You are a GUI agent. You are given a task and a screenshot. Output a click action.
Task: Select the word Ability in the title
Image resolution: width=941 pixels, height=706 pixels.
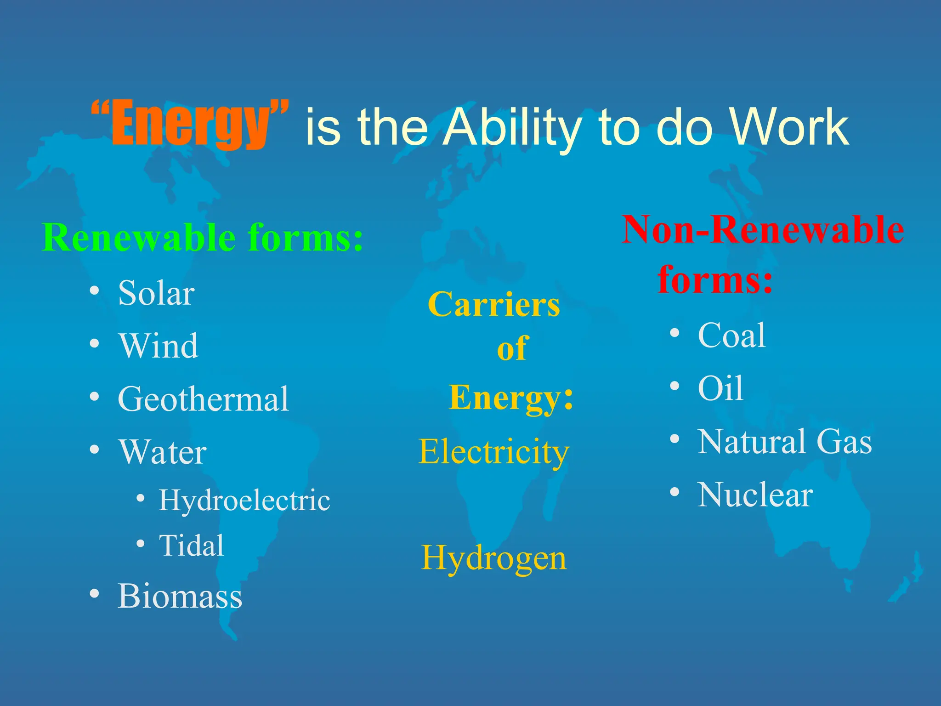(x=512, y=127)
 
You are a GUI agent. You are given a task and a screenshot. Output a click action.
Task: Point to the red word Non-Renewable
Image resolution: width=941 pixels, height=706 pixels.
(x=763, y=229)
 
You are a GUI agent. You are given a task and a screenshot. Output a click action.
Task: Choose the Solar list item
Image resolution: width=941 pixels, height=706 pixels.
(x=156, y=293)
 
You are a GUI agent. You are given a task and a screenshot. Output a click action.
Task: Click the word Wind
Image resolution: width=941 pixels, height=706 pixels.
(x=159, y=346)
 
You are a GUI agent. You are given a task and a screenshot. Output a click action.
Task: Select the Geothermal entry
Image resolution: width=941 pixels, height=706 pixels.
(x=203, y=399)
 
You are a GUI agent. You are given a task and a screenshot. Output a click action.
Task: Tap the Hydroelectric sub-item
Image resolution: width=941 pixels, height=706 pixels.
(x=244, y=500)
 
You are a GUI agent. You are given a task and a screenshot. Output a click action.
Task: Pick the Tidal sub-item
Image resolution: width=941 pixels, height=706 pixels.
(x=191, y=546)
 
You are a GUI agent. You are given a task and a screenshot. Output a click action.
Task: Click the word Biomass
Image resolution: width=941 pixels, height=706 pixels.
(x=180, y=596)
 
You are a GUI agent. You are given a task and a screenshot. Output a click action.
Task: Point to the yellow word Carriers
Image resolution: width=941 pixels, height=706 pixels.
(x=494, y=304)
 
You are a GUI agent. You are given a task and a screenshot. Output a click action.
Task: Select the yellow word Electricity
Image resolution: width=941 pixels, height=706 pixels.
(x=494, y=451)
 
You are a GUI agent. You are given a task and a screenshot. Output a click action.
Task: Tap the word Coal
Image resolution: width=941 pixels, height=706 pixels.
(x=731, y=335)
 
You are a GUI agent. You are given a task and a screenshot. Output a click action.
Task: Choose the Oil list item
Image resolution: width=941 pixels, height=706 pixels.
(x=720, y=388)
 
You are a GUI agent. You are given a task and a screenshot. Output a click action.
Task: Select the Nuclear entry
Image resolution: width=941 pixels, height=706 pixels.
(x=755, y=495)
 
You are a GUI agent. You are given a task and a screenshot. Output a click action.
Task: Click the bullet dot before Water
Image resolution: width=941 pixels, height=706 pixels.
(x=94, y=449)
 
